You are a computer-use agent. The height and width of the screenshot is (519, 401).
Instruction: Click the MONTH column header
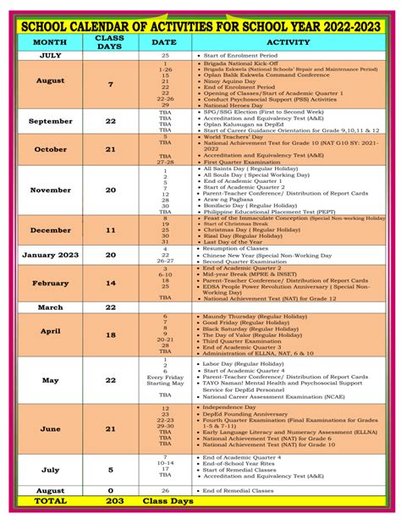tap(49, 41)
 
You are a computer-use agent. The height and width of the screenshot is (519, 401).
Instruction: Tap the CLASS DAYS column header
tap(110, 41)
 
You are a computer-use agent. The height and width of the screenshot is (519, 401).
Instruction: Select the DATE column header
tap(164, 41)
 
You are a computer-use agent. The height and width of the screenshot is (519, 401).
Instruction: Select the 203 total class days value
tap(110, 501)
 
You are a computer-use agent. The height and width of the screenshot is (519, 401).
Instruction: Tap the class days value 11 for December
tap(110, 229)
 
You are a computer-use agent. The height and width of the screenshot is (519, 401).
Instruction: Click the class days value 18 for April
tap(110, 335)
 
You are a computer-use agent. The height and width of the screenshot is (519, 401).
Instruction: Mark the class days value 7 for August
tap(110, 85)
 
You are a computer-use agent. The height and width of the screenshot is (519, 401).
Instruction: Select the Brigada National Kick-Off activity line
tap(245, 63)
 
